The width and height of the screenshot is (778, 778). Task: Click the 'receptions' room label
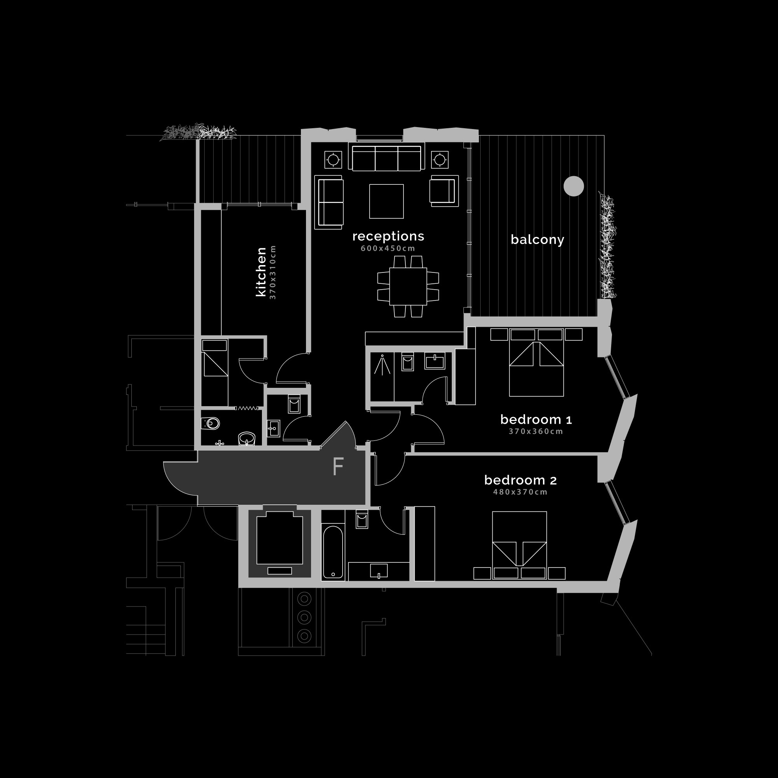pyautogui.click(x=388, y=236)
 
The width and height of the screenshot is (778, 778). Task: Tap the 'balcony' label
pyautogui.click(x=537, y=240)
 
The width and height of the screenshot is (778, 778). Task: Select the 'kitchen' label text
pyautogui.click(x=261, y=272)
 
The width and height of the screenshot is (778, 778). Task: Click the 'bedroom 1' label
pyautogui.click(x=536, y=420)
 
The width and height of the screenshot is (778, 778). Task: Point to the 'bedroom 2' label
pyautogui.click(x=520, y=480)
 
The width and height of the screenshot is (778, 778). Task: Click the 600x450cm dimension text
pyautogui.click(x=388, y=248)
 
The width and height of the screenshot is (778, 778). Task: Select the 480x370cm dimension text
pyautogui.click(x=520, y=492)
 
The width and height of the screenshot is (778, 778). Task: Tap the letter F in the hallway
pyautogui.click(x=338, y=467)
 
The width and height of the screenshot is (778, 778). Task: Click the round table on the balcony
pyautogui.click(x=573, y=186)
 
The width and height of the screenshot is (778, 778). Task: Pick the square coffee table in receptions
pyautogui.click(x=387, y=202)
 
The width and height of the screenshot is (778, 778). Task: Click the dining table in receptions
pyautogui.click(x=408, y=286)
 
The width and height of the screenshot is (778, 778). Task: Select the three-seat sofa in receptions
pyautogui.click(x=387, y=158)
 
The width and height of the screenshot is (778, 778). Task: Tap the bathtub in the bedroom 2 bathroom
pyautogui.click(x=333, y=552)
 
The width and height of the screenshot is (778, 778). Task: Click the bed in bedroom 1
pyautogui.click(x=536, y=362)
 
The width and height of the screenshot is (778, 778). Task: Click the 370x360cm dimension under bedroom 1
pyautogui.click(x=536, y=431)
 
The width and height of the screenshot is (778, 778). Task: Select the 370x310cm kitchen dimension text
pyautogui.click(x=272, y=272)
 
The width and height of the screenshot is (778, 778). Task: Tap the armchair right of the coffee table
pyautogui.click(x=444, y=191)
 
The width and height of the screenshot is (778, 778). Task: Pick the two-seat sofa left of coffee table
pyautogui.click(x=329, y=202)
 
